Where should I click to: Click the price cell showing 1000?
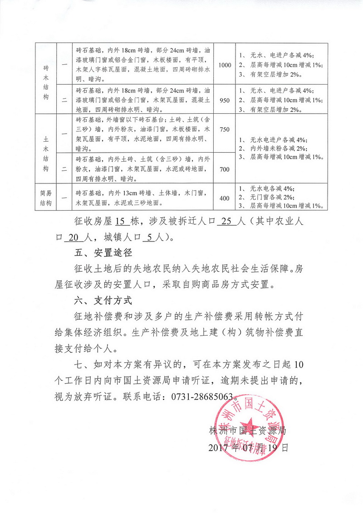(x=225, y=65)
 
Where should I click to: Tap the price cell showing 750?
(x=225, y=130)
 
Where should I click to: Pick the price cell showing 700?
(x=225, y=169)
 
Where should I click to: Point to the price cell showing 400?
(x=225, y=197)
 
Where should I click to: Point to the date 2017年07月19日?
(x=248, y=448)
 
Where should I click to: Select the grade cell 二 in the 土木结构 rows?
(x=64, y=169)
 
